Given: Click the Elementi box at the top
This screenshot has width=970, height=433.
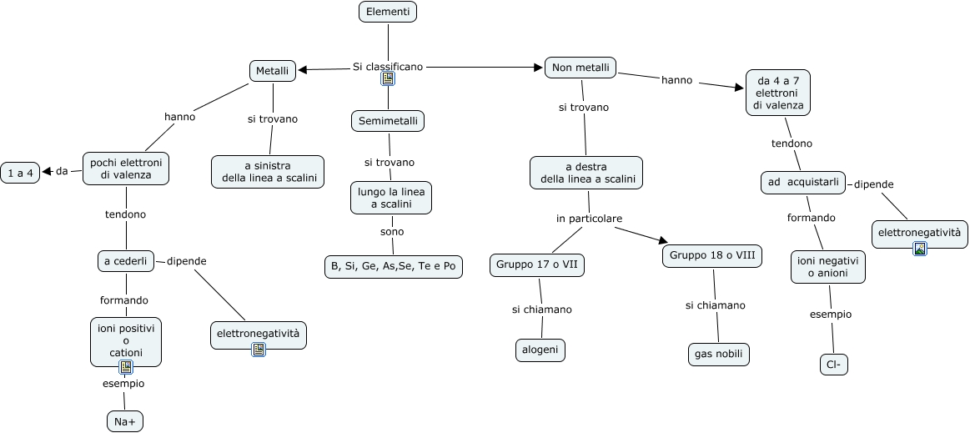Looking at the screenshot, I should click(388, 12).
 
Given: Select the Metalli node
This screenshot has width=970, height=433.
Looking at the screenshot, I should click(273, 71).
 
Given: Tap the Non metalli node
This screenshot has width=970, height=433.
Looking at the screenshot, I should click(580, 68).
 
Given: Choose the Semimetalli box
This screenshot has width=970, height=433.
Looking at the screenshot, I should click(388, 121).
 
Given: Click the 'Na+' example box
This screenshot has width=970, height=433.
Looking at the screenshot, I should click(126, 421).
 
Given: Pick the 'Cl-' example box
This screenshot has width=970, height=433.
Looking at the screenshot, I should click(833, 365).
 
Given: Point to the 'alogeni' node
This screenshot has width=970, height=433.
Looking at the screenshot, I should click(540, 350).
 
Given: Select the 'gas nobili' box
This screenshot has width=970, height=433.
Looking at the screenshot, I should click(718, 354).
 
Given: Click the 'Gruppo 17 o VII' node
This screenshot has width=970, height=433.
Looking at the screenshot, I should click(536, 264).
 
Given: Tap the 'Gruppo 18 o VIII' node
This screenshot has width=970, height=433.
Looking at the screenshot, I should click(712, 255).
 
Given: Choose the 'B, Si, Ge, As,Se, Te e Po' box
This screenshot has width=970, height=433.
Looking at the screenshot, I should click(393, 266).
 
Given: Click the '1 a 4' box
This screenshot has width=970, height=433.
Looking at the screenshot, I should click(19, 173).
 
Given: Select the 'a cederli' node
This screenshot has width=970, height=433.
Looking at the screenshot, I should click(126, 261).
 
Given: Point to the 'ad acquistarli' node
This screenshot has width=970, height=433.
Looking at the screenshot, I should click(803, 182).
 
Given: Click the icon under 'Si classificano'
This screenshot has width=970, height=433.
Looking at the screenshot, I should click(388, 78).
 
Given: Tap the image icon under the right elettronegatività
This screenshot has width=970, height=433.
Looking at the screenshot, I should click(920, 248).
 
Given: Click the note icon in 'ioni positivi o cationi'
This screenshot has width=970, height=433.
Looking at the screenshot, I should click(126, 366).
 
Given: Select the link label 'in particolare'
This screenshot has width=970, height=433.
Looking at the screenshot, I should click(589, 219).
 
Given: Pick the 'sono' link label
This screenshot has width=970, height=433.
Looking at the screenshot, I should click(392, 231).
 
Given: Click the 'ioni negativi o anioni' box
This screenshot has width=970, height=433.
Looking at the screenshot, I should click(829, 267).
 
